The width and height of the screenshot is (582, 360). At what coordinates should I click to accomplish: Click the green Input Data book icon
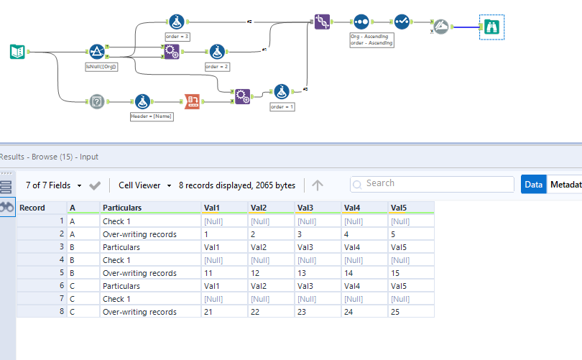point(17,51)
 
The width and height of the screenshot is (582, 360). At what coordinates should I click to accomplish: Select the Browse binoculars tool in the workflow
point(493,27)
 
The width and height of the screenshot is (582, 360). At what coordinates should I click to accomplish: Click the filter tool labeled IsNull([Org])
point(97,51)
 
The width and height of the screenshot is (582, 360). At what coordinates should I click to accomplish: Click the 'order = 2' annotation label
point(216,66)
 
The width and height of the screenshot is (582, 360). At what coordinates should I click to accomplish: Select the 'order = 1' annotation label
point(282,106)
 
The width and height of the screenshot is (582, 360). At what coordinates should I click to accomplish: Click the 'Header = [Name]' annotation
point(151,116)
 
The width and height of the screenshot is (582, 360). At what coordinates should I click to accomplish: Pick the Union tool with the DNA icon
point(322,22)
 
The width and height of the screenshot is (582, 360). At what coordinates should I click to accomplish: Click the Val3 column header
point(306,208)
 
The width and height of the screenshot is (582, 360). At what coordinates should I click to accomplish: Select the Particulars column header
point(122,208)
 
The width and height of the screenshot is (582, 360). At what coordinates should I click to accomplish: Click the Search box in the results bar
point(431,184)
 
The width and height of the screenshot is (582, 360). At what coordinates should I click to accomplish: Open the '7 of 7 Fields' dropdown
point(53,185)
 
